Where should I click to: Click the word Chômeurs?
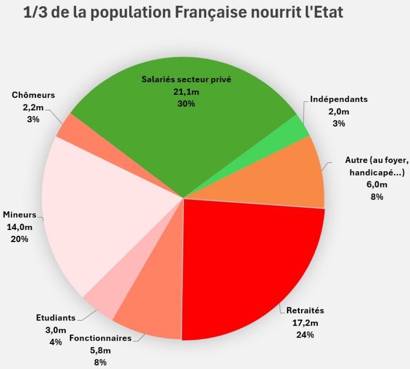(x=33, y=95)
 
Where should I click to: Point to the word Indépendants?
(x=339, y=99)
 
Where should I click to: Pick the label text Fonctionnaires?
(x=100, y=338)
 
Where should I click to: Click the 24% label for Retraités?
(x=305, y=335)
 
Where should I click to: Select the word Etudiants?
(x=56, y=318)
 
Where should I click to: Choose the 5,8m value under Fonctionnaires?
(x=100, y=350)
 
